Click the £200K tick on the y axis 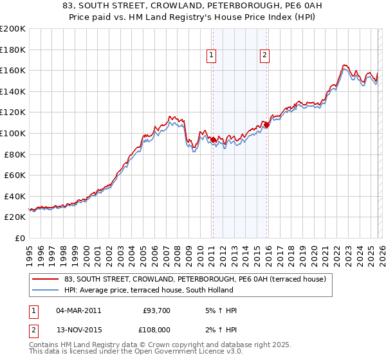(x=13, y=28)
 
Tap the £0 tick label (x=19, y=238)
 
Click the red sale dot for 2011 (x=213, y=139)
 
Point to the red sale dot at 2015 (x=266, y=125)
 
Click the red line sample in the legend (x=45, y=279)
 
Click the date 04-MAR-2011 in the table (x=78, y=310)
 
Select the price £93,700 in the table (x=156, y=310)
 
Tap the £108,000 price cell (x=156, y=330)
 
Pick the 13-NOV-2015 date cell (x=78, y=330)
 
